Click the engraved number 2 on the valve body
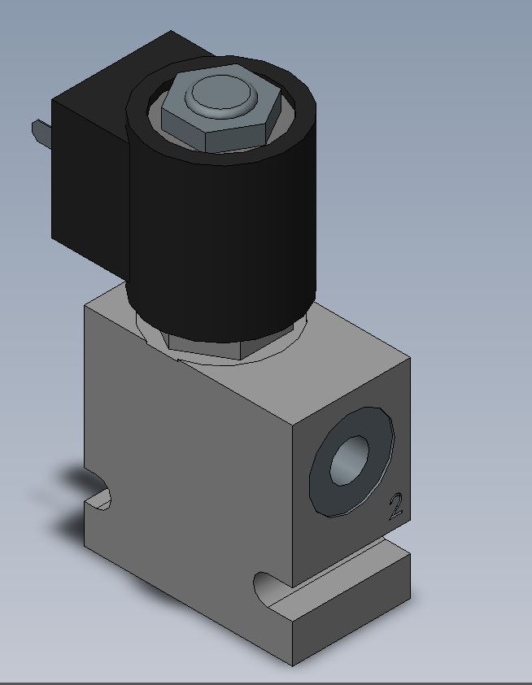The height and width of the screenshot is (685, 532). click(x=395, y=506)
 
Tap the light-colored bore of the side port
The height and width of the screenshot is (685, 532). click(x=350, y=460)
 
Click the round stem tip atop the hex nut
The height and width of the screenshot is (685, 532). click(x=220, y=94)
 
